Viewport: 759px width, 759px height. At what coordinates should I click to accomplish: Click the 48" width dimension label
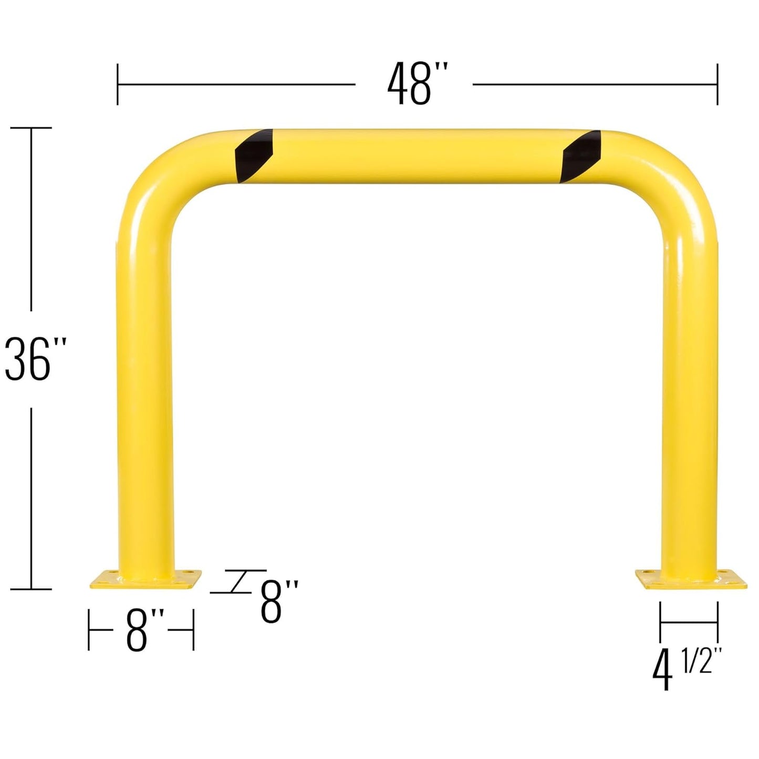coord(418,84)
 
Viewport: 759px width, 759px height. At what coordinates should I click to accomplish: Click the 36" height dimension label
coord(35,359)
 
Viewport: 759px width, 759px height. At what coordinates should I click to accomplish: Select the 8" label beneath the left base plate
coord(144,630)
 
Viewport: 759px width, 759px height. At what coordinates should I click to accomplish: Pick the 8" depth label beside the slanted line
coord(279,601)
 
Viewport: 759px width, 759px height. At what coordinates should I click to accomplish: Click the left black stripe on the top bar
coord(254,155)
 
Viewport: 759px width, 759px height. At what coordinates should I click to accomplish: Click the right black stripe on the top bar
coord(581,156)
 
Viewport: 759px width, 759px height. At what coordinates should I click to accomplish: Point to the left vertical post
coord(145,394)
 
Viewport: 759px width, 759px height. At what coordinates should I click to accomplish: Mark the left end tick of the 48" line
coord(118,84)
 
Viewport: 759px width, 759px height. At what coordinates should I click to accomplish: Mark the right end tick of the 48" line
coord(717,84)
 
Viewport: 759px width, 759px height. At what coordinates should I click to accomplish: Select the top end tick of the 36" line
coord(32,128)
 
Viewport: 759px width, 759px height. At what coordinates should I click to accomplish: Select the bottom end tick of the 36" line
coord(32,589)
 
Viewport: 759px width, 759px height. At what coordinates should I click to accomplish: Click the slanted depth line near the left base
coord(239,581)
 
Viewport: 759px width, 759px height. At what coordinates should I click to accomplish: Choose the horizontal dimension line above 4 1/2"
coord(689,623)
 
